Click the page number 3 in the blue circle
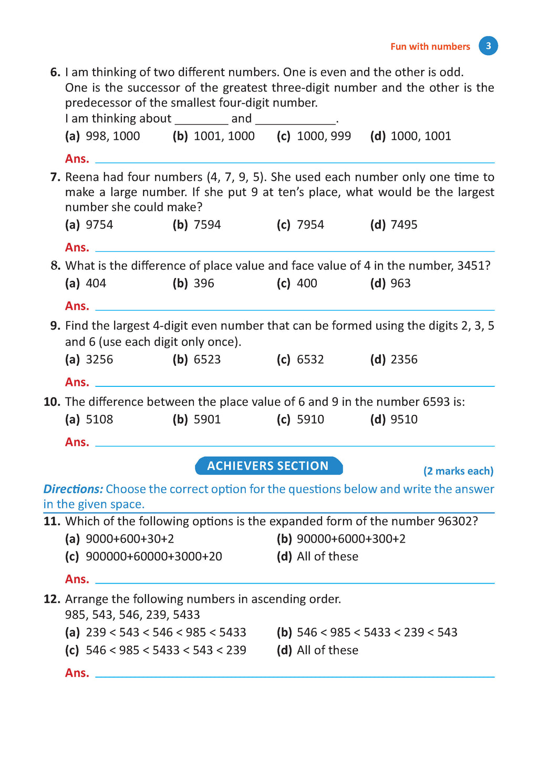[488, 46]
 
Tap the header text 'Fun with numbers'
[430, 47]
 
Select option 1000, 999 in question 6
[324, 136]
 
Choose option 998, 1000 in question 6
[112, 136]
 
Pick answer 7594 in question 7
[207, 225]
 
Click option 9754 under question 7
[99, 225]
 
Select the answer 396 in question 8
[204, 283]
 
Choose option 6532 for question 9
[310, 360]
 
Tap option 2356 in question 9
[404, 360]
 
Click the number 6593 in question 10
[436, 402]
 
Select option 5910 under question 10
[310, 420]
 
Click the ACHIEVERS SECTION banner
[268, 466]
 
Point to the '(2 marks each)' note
[458, 471]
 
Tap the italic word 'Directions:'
[73, 489]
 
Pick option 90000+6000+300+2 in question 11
[351, 539]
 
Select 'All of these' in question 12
[327, 650]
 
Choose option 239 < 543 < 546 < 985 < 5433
[165, 632]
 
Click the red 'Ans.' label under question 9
[77, 382]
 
